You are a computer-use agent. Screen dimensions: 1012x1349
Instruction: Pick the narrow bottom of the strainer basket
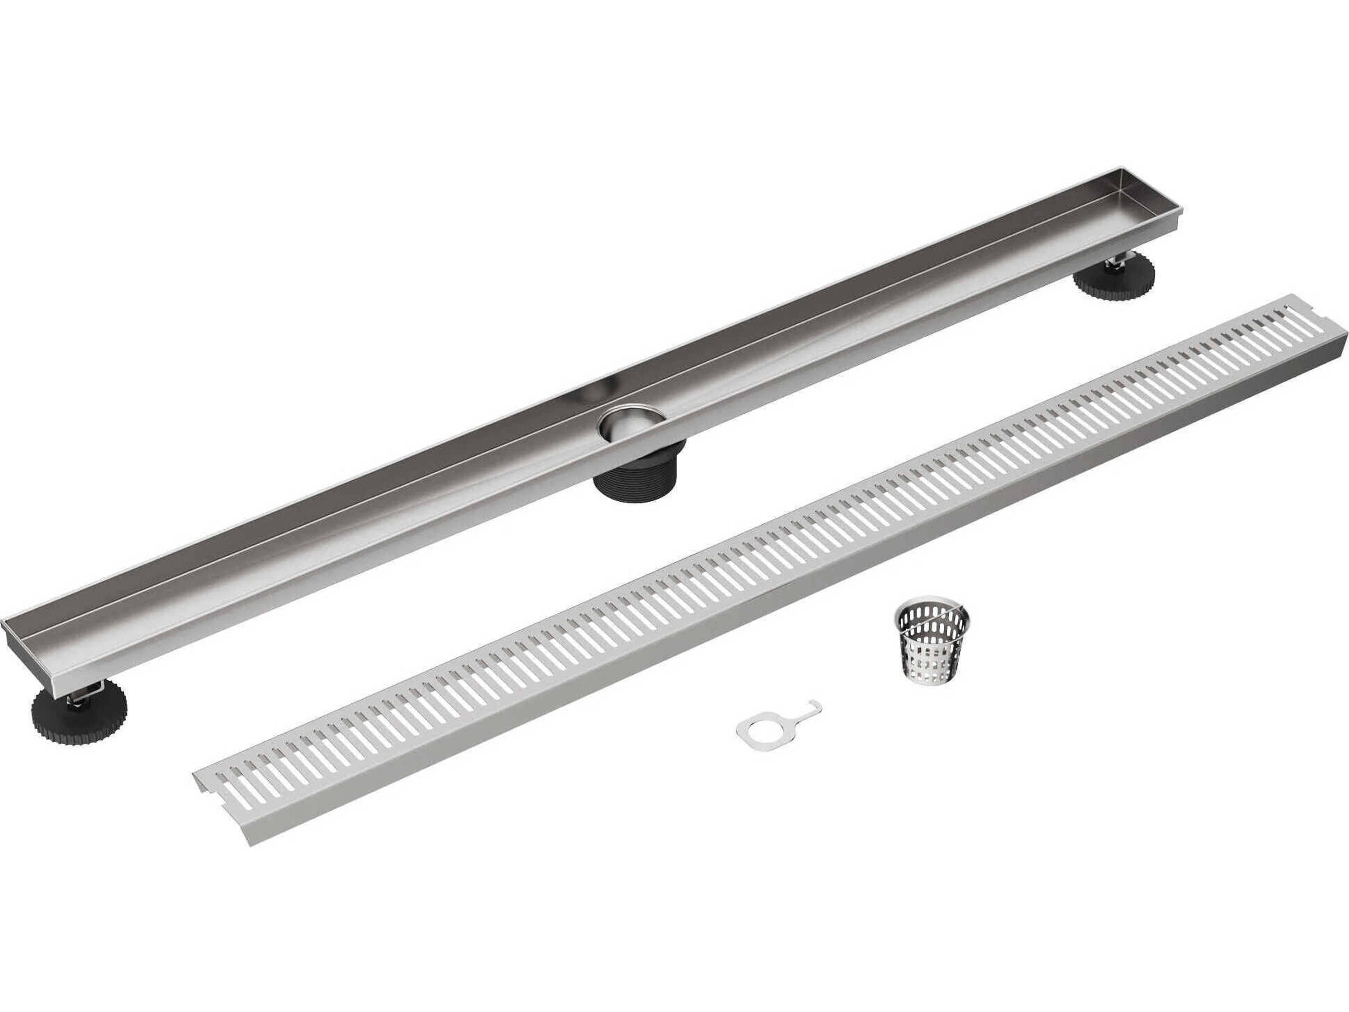click(x=921, y=678)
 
